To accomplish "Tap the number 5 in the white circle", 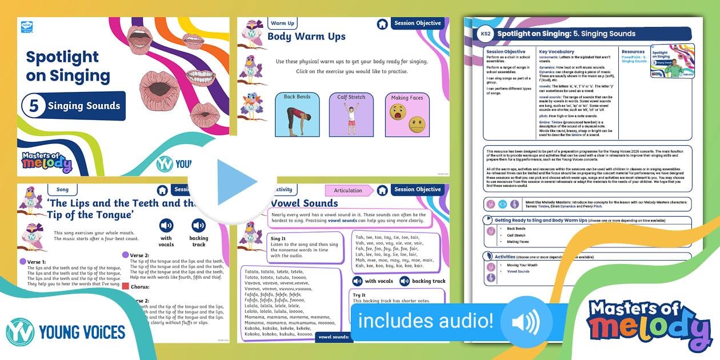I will click(34, 106).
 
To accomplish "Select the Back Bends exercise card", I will click(297, 115).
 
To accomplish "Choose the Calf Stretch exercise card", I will click(351, 115).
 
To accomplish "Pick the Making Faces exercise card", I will click(407, 115).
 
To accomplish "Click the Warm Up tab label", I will click(282, 23).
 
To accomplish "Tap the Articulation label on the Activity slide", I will click(348, 190).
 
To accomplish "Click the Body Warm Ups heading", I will click(306, 37).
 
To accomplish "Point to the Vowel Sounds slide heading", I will click(304, 203).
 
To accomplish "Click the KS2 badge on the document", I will click(485, 34).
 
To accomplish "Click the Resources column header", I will click(633, 51).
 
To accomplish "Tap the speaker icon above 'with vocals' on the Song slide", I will click(166, 225).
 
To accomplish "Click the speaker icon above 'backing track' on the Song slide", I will click(198, 225).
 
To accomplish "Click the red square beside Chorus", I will click(126, 286).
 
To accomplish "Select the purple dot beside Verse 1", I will click(23, 262).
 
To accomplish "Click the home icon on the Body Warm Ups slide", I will click(382, 24).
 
